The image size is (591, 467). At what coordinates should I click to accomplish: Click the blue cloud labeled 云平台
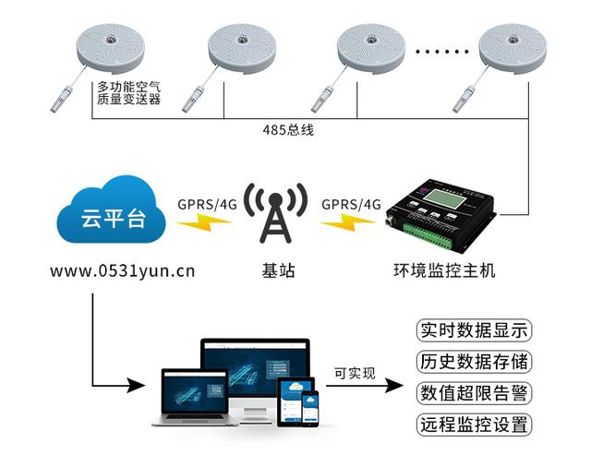109,218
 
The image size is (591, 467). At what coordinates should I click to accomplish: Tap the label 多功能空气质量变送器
129,93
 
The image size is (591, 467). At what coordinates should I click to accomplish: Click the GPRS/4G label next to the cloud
206,204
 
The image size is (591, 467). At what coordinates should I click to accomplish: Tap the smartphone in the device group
311,406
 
